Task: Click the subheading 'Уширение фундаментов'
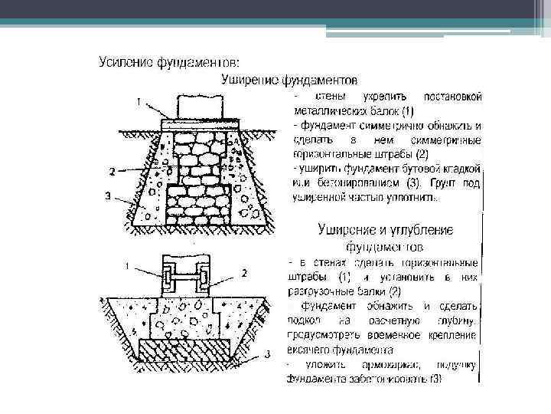coord(289,78)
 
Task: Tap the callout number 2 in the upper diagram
coord(113,169)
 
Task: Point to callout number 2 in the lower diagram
coord(243,271)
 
